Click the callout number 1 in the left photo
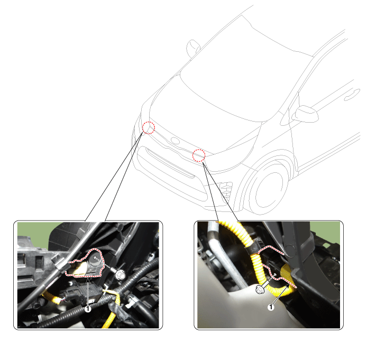[88, 309]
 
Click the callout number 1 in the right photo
[271, 307]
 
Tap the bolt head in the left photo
[121, 275]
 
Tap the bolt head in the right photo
[260, 289]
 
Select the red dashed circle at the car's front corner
[149, 128]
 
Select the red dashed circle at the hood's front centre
[199, 155]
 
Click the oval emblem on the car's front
[175, 141]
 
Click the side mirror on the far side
[193, 49]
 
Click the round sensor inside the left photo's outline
[95, 261]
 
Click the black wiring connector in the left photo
[81, 293]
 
